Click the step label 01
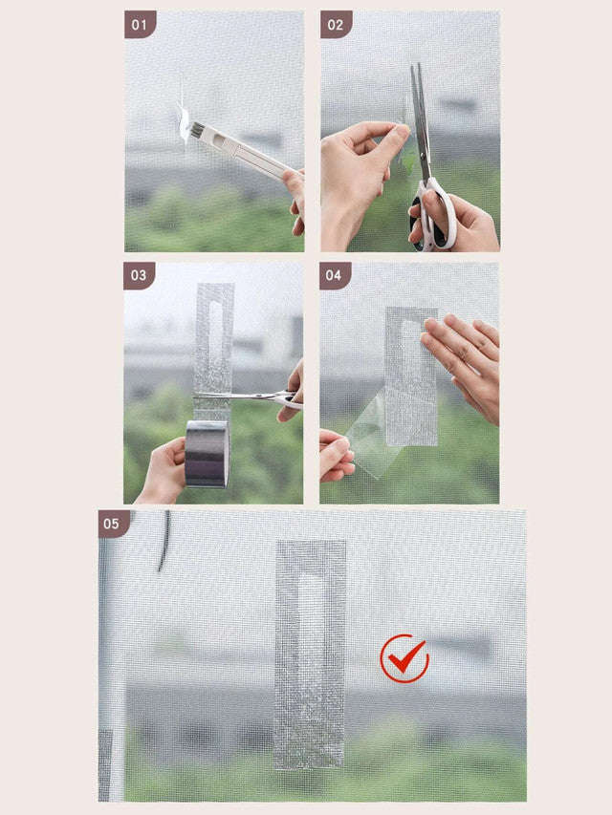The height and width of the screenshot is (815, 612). tap(140, 25)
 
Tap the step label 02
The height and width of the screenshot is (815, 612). tap(336, 25)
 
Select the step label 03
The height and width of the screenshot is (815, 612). tap(140, 276)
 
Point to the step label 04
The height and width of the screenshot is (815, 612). tap(336, 276)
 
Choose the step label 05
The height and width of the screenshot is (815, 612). tap(114, 524)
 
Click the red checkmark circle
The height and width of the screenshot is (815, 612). tap(404, 658)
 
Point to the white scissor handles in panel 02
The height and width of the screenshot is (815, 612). tap(435, 215)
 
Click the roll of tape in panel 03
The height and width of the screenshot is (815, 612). tap(207, 453)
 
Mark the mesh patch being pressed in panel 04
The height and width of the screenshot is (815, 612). tap(412, 377)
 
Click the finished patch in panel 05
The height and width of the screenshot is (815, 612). tap(311, 654)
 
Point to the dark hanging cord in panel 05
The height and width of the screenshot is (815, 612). tap(164, 540)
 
